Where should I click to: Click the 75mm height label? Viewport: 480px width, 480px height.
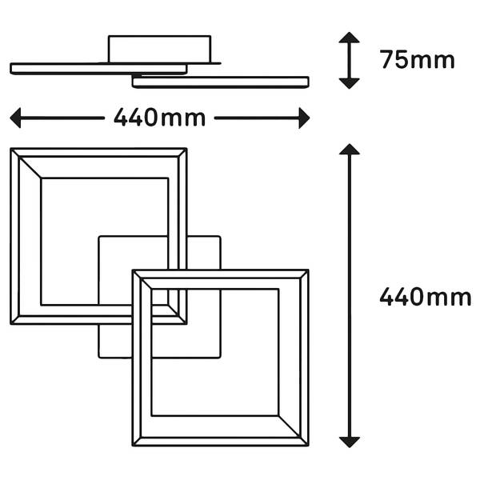[417, 60]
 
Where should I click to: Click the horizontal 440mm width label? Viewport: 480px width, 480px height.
[159, 118]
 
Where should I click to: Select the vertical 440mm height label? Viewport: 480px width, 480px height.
[425, 297]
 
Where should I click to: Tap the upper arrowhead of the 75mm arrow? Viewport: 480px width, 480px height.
[350, 38]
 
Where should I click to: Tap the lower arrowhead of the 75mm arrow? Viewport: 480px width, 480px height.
[350, 82]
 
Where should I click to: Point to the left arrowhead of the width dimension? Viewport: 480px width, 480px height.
[14, 118]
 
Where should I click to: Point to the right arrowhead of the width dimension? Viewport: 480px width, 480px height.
[305, 118]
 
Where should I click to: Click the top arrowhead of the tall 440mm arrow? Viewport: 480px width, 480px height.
[350, 149]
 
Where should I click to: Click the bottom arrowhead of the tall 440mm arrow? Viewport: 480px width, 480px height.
[350, 442]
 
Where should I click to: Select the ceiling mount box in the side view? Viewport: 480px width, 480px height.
[160, 48]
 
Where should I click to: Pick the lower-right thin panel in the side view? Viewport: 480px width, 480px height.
[221, 82]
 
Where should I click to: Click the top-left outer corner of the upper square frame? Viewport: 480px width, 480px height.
[11, 149]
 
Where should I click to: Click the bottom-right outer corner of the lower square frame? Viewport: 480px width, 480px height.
[308, 446]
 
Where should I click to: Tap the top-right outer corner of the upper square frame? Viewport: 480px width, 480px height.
[186, 149]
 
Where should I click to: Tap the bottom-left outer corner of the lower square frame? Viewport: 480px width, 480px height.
[133, 446]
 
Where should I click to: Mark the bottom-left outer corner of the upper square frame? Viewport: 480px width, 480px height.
[11, 324]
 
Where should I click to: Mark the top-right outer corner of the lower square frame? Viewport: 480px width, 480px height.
[308, 270]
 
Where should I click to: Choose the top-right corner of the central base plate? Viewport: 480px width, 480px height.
[220, 236]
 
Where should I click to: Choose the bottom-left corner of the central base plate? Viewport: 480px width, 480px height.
[98, 357]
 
